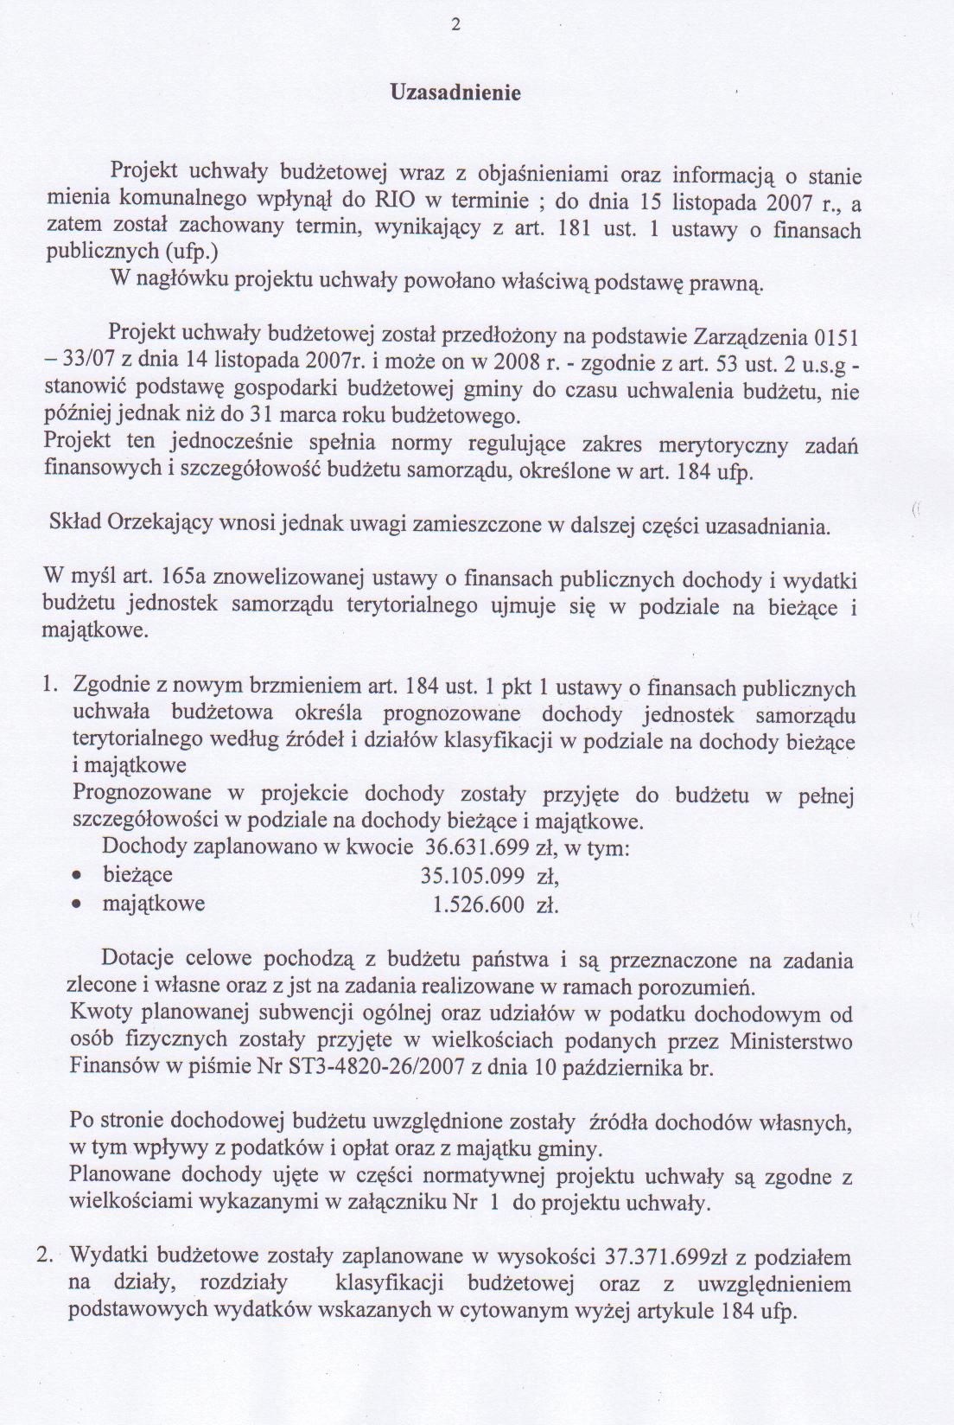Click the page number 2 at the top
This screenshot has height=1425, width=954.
pos(456,25)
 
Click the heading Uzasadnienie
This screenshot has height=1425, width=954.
pos(456,93)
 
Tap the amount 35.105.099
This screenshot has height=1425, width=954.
pos(472,876)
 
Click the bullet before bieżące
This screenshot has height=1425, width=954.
pos(78,878)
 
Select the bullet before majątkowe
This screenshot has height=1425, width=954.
pos(78,906)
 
